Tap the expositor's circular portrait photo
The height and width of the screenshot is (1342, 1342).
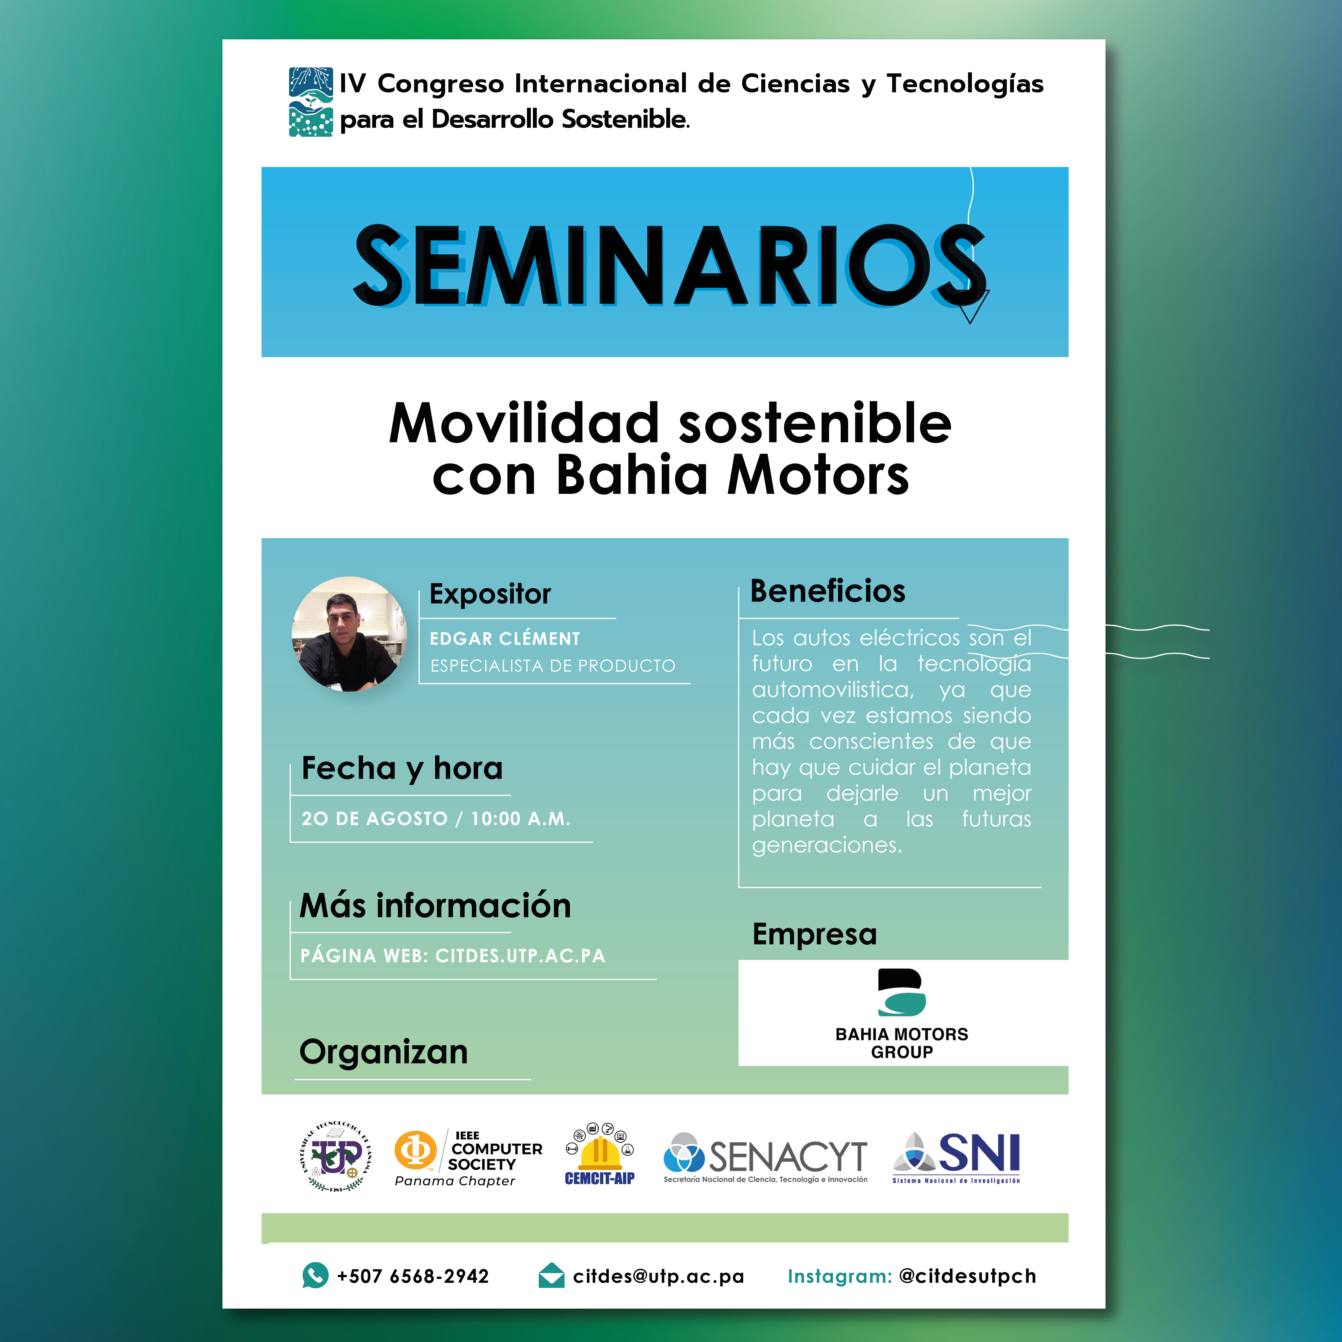[350, 634]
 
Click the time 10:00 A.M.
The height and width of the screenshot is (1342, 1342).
[520, 818]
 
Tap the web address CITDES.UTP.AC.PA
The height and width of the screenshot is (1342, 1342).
[520, 956]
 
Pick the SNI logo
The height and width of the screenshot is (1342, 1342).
[956, 1157]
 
